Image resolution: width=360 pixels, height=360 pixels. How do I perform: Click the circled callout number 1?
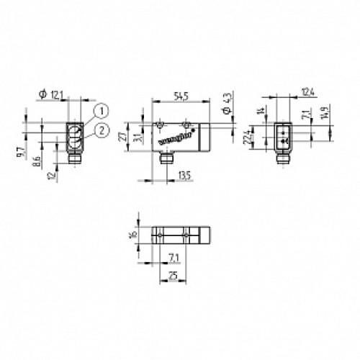[103, 110]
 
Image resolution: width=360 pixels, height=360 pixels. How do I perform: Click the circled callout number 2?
[103, 130]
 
